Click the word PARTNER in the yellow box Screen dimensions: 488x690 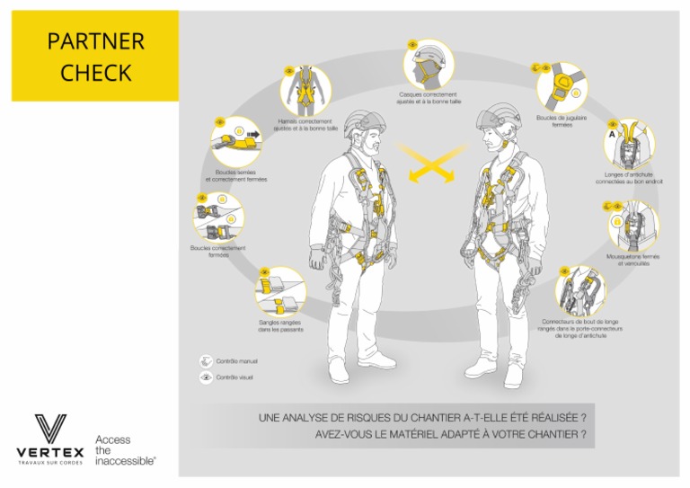(x=95, y=41)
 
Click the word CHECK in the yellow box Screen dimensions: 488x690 (x=95, y=73)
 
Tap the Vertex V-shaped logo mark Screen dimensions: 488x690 (x=50, y=428)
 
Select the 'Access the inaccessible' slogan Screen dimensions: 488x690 (x=124, y=449)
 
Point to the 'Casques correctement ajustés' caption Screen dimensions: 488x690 (x=429, y=98)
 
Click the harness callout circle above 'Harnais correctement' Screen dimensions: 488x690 (x=305, y=91)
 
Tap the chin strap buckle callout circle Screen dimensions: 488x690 (x=562, y=86)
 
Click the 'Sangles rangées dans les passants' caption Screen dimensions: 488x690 (x=280, y=326)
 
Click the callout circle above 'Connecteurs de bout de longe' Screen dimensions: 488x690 (x=579, y=291)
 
